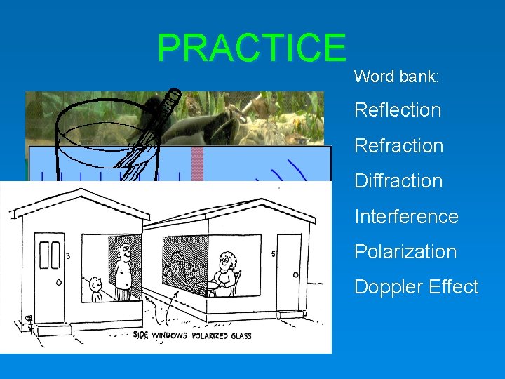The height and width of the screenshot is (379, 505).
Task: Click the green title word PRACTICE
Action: point(252,48)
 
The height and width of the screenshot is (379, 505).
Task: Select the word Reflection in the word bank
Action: point(398,110)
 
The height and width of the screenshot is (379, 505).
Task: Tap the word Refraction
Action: point(399,146)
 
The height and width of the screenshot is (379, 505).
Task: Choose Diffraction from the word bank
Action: point(398,181)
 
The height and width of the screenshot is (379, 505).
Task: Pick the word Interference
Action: point(406,216)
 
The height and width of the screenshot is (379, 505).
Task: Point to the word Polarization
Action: point(405,252)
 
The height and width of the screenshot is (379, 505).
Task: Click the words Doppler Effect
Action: point(417,287)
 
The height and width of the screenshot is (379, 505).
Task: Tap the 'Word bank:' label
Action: point(397,77)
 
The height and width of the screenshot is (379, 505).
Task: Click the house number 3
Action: point(68,255)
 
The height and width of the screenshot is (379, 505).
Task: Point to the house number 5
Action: point(272,253)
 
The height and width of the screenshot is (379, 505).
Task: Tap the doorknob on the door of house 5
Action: point(295,274)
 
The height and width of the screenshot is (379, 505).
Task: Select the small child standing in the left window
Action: point(95,288)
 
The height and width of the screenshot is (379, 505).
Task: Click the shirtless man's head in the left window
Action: point(124,250)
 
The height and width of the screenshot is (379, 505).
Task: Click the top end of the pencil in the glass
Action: point(173,95)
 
